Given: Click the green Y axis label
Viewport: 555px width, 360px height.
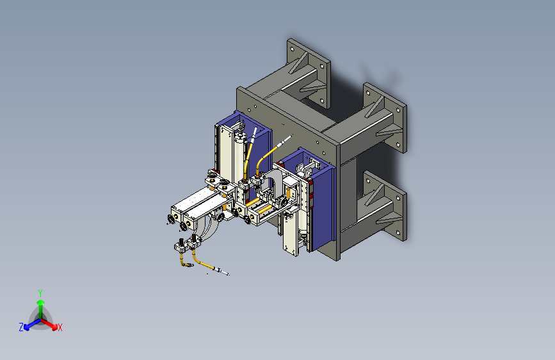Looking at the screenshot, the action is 40,293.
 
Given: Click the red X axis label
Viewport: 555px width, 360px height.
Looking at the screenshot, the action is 60,327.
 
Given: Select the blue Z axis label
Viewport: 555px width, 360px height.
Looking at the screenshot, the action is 21,327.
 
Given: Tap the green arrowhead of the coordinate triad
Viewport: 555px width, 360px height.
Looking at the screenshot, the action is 41,302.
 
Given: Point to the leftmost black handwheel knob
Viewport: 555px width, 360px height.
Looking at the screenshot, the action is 172,219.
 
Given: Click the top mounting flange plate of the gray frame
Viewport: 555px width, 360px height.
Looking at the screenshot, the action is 309,73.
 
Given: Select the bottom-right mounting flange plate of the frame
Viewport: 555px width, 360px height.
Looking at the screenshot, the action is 385,206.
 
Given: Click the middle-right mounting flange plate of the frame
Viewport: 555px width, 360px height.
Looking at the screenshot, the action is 385,118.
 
